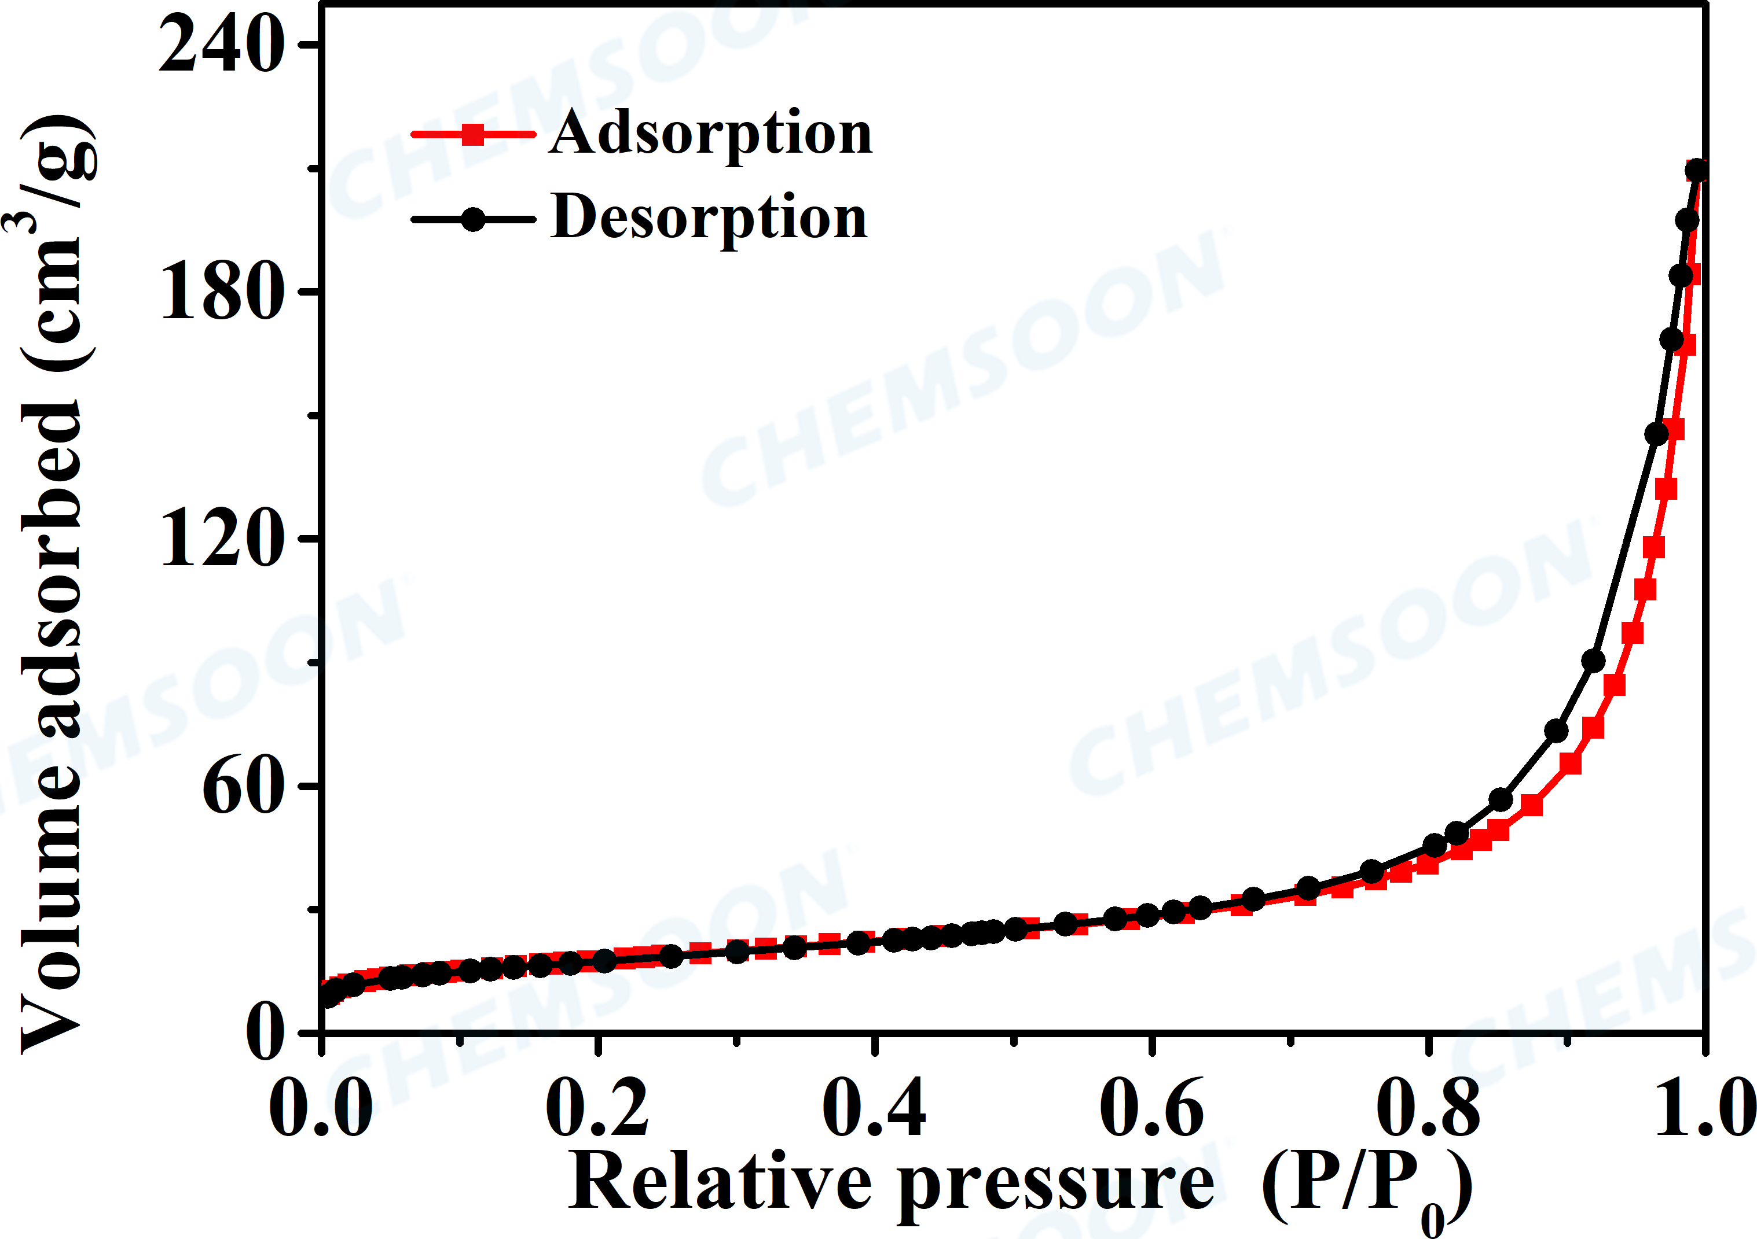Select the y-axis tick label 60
[242, 787]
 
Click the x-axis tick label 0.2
[597, 1108]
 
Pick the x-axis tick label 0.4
[874, 1108]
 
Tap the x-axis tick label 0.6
[1151, 1108]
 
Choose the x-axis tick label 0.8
[1428, 1108]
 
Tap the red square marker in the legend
[474, 135]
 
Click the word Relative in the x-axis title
[720, 1182]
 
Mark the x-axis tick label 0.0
[321, 1108]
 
